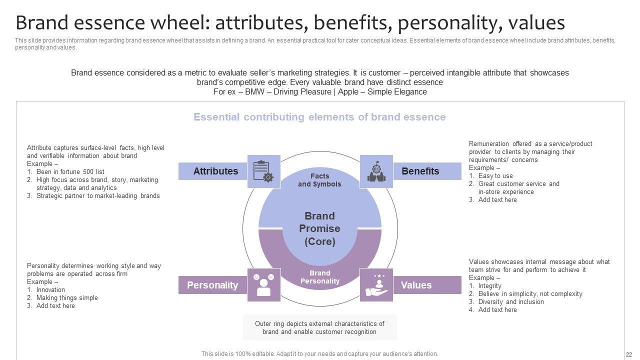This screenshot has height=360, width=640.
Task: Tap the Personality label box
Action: tap(212, 285)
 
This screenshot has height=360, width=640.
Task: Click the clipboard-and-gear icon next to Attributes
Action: tap(263, 171)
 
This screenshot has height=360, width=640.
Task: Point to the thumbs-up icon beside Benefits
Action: tap(376, 171)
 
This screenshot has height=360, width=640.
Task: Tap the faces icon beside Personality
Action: tap(263, 285)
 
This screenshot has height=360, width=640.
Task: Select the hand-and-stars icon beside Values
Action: tap(376, 285)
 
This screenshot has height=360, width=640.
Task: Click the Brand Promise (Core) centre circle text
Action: tap(319, 228)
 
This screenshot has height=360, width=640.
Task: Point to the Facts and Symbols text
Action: tap(319, 180)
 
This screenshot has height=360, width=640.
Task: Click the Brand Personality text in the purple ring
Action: tap(319, 277)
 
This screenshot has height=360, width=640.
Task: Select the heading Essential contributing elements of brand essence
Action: tap(319, 117)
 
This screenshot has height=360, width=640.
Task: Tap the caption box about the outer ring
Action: tap(319, 327)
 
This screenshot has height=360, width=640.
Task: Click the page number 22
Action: tap(629, 354)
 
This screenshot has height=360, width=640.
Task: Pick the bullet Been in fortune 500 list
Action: tap(70, 171)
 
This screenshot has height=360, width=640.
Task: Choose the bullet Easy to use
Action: tap(495, 175)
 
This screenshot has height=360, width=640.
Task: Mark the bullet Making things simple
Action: tap(67, 297)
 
